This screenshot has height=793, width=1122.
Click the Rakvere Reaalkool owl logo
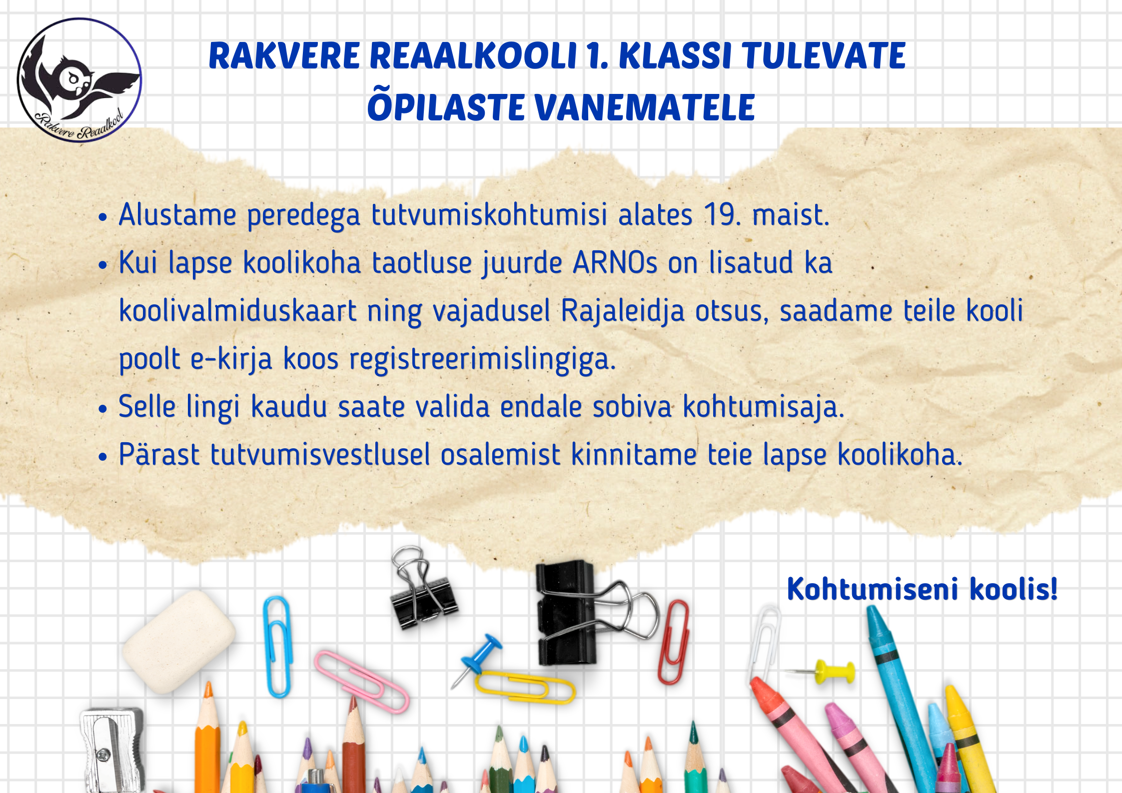point(79,80)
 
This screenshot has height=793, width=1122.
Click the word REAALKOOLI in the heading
point(473,55)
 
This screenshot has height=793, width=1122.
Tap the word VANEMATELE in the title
point(644,107)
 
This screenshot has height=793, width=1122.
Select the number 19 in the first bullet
point(719,214)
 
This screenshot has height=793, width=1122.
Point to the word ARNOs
point(615,262)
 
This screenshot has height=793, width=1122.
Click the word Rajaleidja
point(622,311)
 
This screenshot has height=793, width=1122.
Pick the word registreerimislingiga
point(482,359)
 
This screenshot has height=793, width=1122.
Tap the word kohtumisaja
point(763,407)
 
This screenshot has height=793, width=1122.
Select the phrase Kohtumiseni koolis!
point(922,589)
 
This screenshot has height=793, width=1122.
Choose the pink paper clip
point(361,681)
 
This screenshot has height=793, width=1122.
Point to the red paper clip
point(673,642)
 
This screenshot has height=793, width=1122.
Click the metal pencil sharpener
point(111,750)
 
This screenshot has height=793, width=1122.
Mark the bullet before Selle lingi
point(103,409)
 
